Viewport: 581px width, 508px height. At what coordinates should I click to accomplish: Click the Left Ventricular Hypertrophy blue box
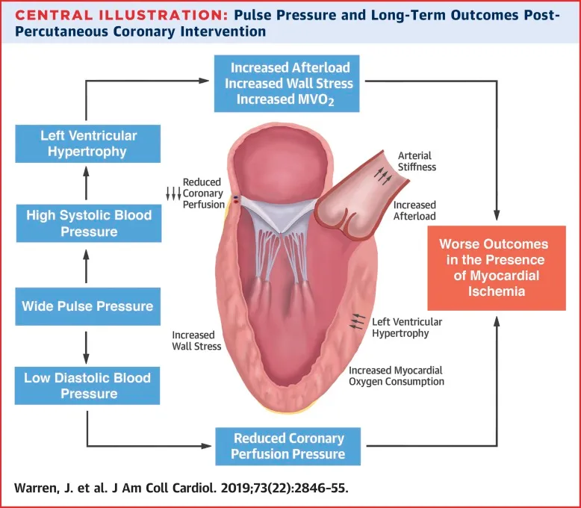88,143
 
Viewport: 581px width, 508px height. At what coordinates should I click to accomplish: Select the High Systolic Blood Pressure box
88,223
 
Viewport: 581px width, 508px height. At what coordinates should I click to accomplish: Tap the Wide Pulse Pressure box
87,306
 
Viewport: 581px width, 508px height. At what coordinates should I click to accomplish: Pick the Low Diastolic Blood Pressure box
87,385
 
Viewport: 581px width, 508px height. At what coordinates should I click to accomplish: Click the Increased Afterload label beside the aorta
414,211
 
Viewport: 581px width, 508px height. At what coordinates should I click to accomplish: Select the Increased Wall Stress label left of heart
196,341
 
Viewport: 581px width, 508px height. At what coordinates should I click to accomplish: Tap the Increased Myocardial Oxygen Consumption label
397,376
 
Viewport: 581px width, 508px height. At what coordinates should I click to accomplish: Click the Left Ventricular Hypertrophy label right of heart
406,327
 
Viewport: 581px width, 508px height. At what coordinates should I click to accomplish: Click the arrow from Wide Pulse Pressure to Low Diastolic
87,344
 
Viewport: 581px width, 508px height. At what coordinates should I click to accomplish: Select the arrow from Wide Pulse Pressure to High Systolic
87,265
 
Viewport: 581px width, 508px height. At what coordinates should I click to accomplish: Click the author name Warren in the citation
37,489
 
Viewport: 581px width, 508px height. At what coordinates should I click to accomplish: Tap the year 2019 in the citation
240,489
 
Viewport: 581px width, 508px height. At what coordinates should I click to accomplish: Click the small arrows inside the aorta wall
382,176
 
